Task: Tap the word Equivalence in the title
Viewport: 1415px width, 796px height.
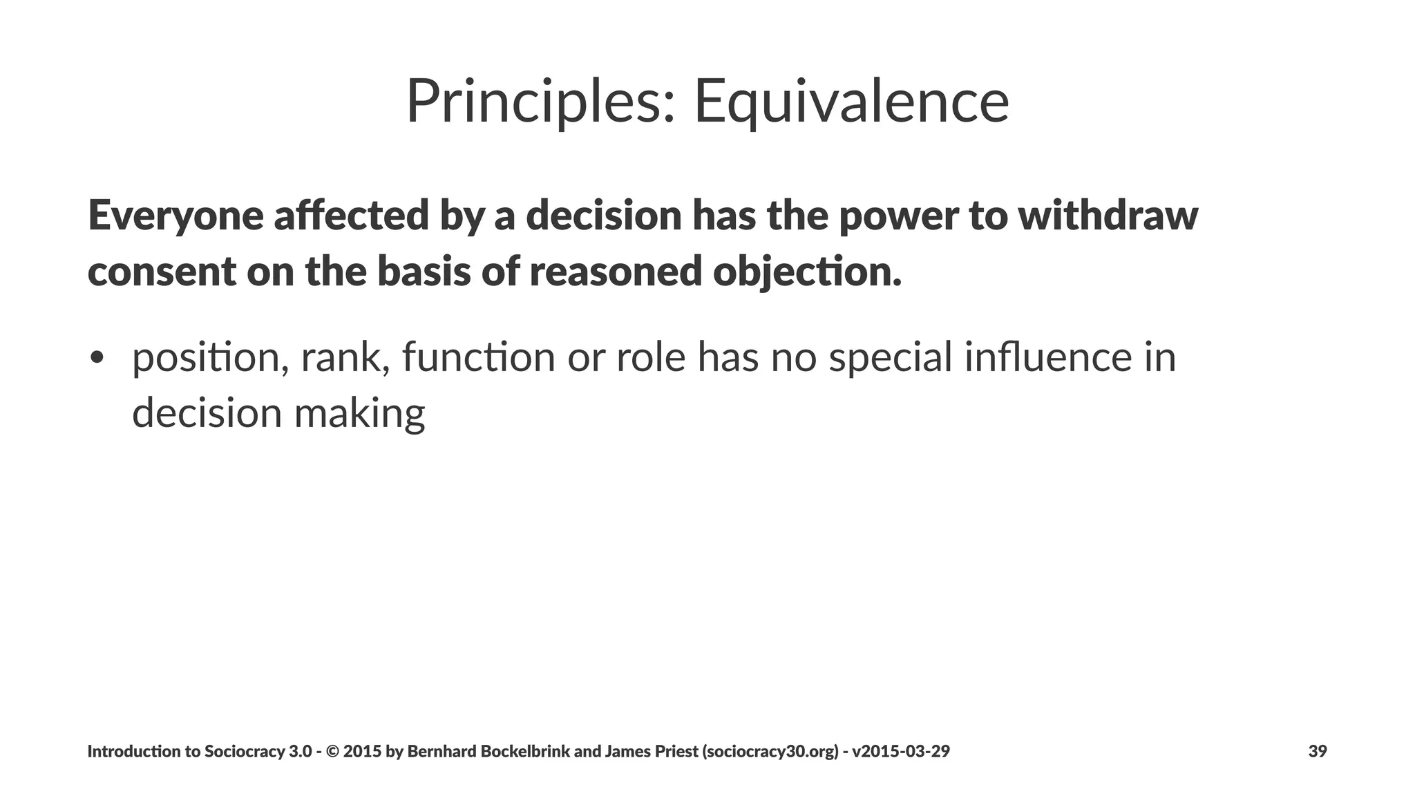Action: pyautogui.click(x=851, y=102)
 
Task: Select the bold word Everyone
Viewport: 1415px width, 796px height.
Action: pyautogui.click(x=175, y=216)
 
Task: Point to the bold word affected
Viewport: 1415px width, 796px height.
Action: pyautogui.click(x=351, y=216)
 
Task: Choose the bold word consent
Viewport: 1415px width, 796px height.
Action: pyautogui.click(x=162, y=271)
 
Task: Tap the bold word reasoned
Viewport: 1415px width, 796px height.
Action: pyautogui.click(x=616, y=271)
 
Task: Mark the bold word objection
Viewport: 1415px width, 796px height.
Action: pyautogui.click(x=807, y=271)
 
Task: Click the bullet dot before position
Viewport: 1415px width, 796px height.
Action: pyautogui.click(x=97, y=358)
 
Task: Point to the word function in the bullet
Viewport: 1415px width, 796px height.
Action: pyautogui.click(x=478, y=358)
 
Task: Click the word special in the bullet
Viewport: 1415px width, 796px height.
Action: pyautogui.click(x=891, y=358)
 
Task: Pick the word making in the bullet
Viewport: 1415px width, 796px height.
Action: pyautogui.click(x=359, y=413)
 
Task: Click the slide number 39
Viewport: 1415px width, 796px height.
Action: pyautogui.click(x=1317, y=751)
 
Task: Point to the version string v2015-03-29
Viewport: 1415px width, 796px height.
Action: pyautogui.click(x=901, y=751)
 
